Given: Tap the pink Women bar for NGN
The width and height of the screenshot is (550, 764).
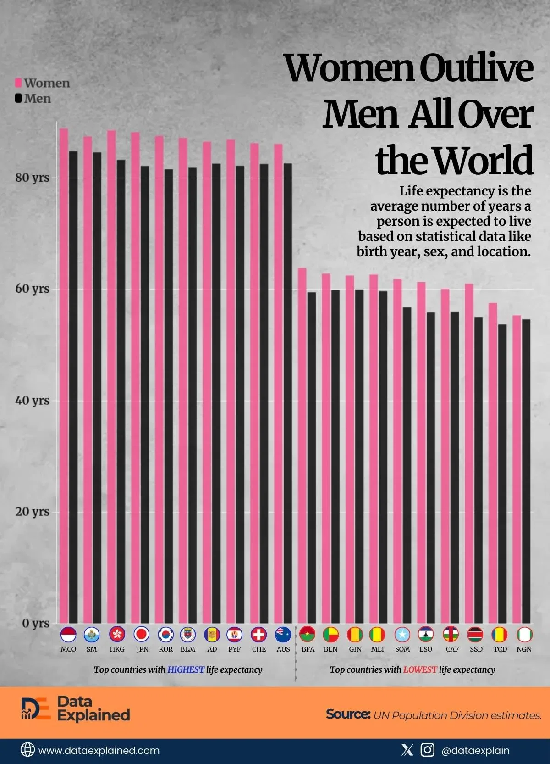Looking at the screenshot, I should coord(517,468).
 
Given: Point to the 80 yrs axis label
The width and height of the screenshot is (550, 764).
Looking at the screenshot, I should coord(32,178).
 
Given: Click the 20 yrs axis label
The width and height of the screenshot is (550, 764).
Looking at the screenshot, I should coord(32,511).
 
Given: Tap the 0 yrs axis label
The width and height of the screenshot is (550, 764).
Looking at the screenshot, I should coord(35,623).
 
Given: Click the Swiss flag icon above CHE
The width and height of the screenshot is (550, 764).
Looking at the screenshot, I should coord(259,635).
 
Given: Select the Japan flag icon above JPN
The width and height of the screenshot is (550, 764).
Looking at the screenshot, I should coord(142,635).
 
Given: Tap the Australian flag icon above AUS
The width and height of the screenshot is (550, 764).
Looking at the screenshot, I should coord(283,635).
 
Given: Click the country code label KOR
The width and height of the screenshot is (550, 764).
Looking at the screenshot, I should coord(166,649).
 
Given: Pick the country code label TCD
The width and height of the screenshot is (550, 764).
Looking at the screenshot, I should coord(500,649).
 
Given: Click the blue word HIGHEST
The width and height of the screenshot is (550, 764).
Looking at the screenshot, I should coord(186,669).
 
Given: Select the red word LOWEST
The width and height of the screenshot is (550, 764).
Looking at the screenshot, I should coord(420,669).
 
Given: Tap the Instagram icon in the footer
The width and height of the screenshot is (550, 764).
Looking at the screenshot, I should coord(427,750).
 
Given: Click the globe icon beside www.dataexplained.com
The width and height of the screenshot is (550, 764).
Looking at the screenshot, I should coord(27,750).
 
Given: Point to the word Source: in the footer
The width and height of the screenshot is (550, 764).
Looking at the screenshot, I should coord(348,714).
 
